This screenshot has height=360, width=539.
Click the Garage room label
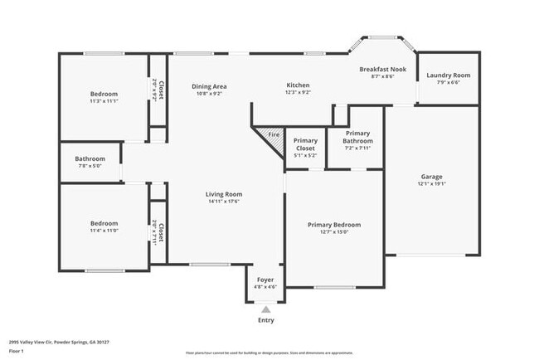coord(431,177)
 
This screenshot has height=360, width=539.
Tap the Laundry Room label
coord(448,75)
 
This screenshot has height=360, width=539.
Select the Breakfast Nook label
coord(381,70)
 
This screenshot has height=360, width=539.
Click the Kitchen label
coord(298,85)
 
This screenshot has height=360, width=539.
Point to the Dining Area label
coord(209,85)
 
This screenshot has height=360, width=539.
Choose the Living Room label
coord(224,194)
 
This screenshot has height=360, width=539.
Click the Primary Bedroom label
coord(334,225)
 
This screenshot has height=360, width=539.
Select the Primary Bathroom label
coord(358,137)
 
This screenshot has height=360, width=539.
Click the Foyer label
coord(265,280)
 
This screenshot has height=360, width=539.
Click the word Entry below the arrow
coord(265,320)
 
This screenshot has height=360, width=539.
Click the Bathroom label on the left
coord(90,158)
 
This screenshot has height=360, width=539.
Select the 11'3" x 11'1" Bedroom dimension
coord(104,101)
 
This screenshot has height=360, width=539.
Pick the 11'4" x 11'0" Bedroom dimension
coord(104,231)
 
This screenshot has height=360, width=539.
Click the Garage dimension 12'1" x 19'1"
coord(431,184)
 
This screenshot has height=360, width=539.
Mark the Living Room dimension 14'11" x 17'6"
coord(224,202)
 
